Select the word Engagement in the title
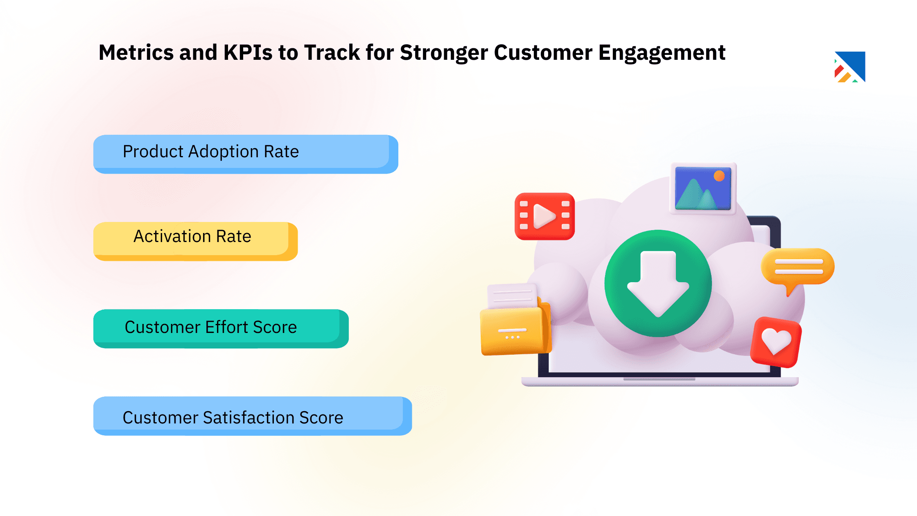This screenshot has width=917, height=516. click(x=662, y=53)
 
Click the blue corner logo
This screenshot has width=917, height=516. click(x=851, y=67)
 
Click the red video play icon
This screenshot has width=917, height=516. click(x=544, y=216)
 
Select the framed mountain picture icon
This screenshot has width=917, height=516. click(x=703, y=188)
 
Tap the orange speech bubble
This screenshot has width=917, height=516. click(x=797, y=267)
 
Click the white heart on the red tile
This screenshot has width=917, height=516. click(x=776, y=341)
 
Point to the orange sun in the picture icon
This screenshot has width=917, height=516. click(x=719, y=176)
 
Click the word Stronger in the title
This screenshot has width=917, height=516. click(x=444, y=53)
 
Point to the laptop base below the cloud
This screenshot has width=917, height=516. click(x=659, y=382)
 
